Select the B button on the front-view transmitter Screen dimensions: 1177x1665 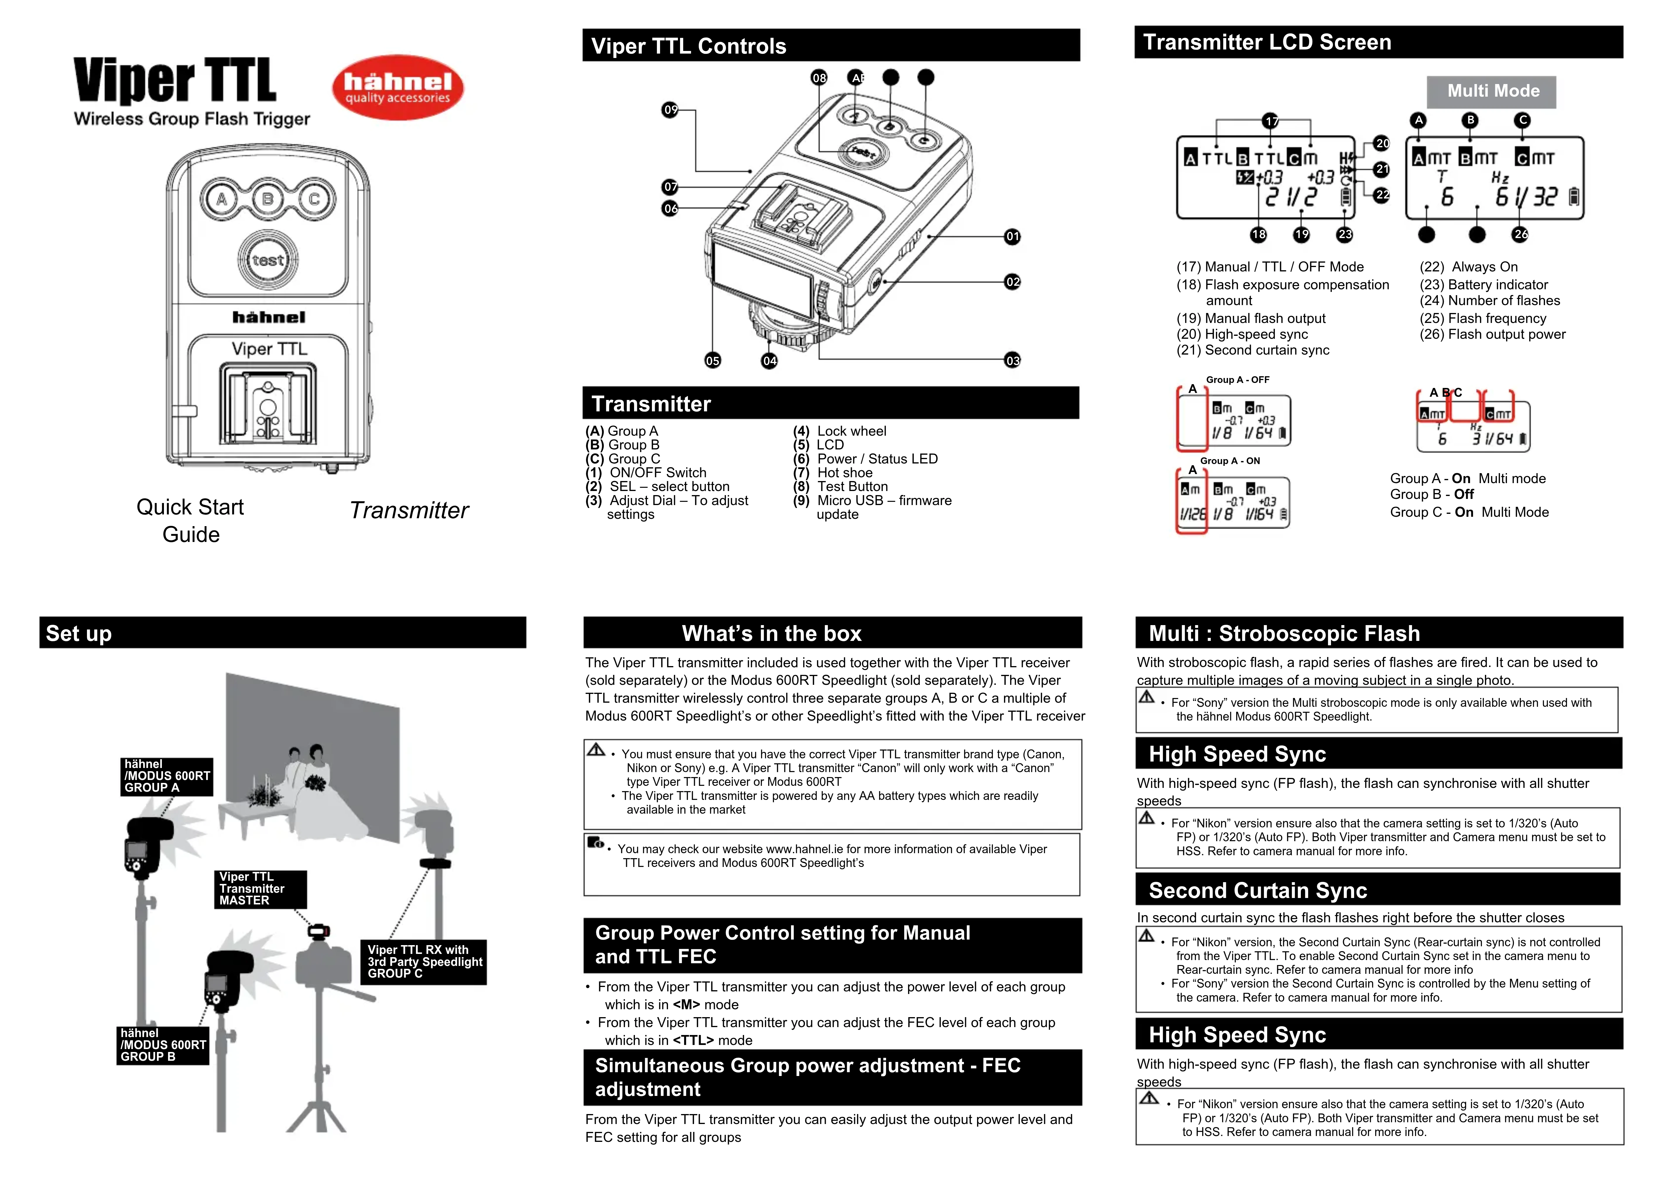pyautogui.click(x=268, y=199)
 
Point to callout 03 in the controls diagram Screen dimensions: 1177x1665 pyautogui.click(x=1012, y=360)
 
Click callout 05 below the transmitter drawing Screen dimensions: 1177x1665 pyautogui.click(x=713, y=360)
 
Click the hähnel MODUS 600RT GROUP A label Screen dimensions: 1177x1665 pyautogui.click(x=167, y=776)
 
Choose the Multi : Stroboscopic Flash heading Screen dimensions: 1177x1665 pyautogui.click(x=1284, y=634)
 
